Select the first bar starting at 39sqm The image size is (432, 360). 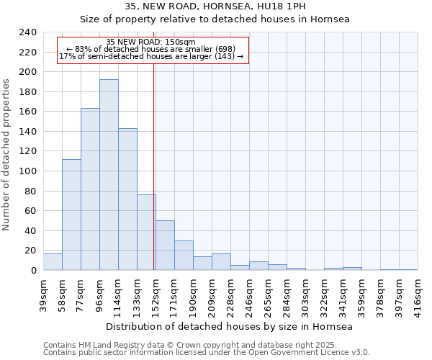coord(53,262)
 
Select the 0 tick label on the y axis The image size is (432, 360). coord(32,270)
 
